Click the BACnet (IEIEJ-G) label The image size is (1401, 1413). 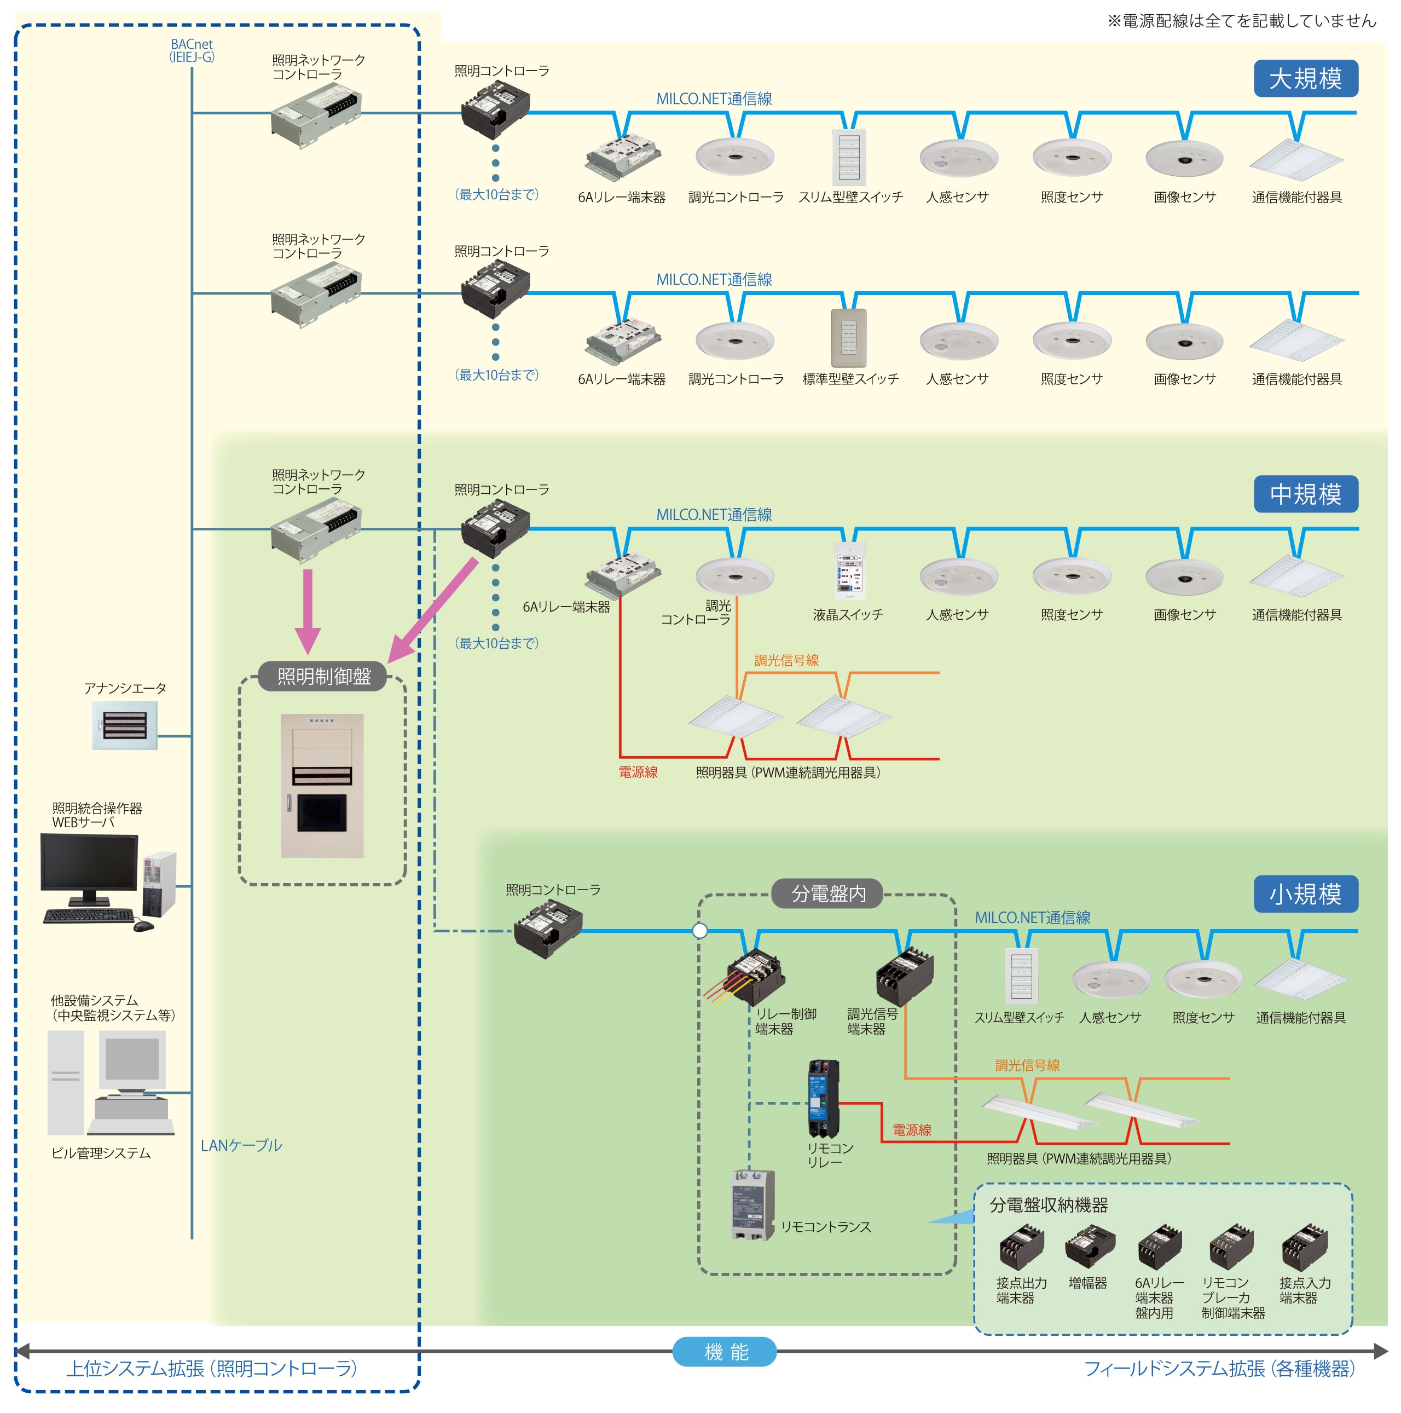[192, 50]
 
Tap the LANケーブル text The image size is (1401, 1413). [241, 1145]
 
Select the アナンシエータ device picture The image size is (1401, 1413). [124, 725]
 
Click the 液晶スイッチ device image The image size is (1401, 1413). [850, 570]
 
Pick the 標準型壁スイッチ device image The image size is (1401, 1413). [848, 338]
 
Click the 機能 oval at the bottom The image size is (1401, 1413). [724, 1352]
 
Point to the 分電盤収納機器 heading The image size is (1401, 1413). [1048, 1204]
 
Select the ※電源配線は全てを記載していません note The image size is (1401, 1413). [1240, 20]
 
